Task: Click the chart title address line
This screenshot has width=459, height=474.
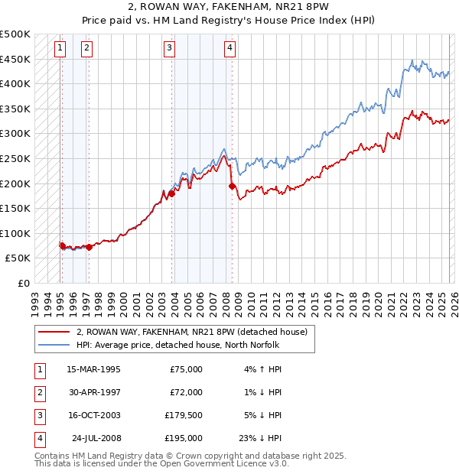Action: [x=229, y=7]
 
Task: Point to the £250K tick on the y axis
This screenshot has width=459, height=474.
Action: [x=15, y=158]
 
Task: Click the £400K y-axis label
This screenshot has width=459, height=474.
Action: [x=15, y=83]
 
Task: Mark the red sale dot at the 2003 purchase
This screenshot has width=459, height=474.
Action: [x=171, y=193]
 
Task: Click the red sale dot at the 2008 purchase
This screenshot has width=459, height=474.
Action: [x=232, y=186]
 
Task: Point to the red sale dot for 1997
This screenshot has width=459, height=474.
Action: [x=89, y=247]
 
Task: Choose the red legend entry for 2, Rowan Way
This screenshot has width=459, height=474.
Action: [x=191, y=332]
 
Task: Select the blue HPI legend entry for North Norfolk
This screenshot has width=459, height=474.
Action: [x=188, y=344]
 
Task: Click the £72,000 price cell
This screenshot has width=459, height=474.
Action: [x=184, y=392]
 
